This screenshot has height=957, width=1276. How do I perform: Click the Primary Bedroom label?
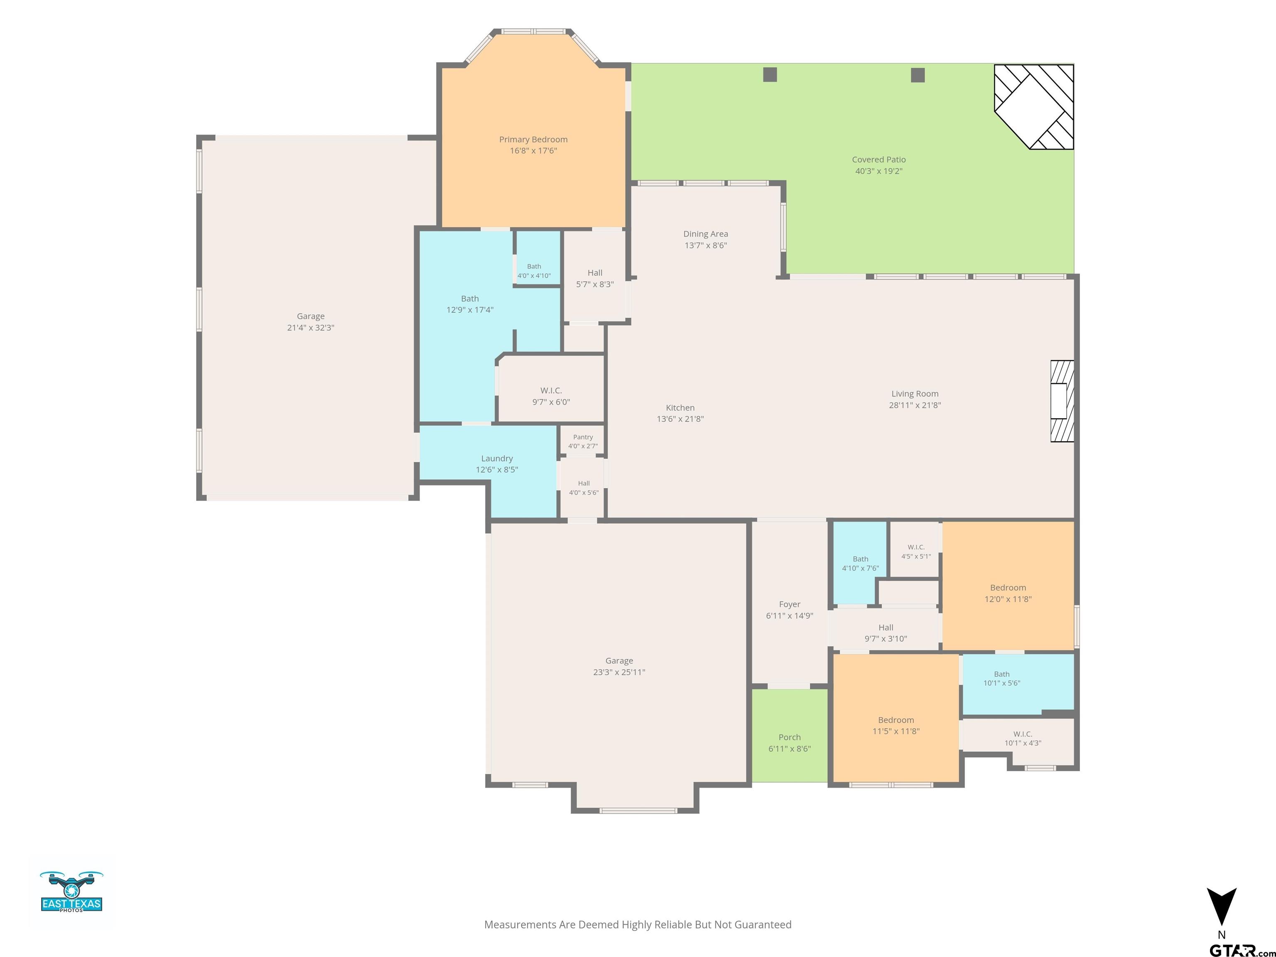(x=533, y=140)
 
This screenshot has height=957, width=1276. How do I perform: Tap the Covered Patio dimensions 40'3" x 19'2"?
(x=878, y=171)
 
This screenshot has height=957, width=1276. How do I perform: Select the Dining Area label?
(x=705, y=233)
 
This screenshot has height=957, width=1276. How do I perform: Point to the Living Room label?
(x=915, y=394)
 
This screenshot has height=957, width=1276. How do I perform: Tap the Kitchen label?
(x=680, y=408)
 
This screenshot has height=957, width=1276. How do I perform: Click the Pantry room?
(x=583, y=441)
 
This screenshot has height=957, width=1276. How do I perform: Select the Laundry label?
(x=497, y=459)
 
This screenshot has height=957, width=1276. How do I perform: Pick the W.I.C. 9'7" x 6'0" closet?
(x=551, y=389)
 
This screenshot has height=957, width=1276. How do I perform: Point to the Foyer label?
(x=790, y=604)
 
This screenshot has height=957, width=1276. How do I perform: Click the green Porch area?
(x=790, y=736)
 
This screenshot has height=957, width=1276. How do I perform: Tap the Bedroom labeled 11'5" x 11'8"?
(x=896, y=718)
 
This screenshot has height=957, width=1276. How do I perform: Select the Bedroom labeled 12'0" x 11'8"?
(x=1008, y=586)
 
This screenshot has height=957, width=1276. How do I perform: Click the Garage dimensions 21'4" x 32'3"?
(x=311, y=328)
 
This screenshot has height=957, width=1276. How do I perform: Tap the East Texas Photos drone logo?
(x=71, y=891)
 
